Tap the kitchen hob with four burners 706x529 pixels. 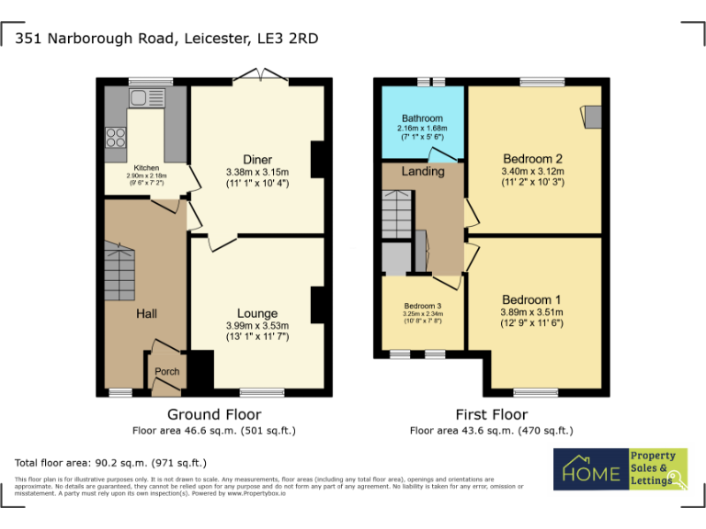117,137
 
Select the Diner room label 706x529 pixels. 257,161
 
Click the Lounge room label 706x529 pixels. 257,314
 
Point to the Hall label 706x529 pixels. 146,314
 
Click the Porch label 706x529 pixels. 166,372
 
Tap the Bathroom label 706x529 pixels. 421,118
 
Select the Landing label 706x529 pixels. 423,171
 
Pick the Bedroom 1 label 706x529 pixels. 531,300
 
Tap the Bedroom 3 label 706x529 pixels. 423,306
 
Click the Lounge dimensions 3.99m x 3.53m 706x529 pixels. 257,326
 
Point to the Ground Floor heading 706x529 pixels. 214,415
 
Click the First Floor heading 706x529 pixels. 491,415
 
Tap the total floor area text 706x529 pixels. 111,463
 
